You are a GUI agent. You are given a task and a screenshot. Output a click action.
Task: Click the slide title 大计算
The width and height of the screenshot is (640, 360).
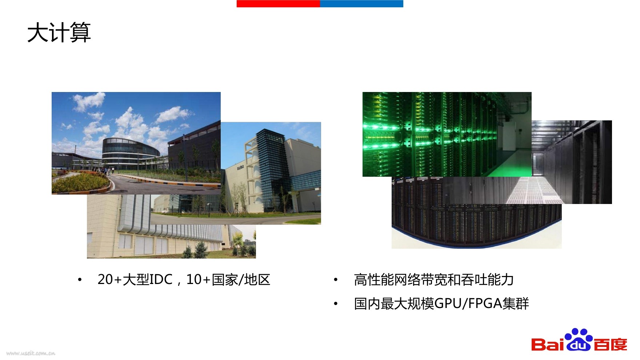59,33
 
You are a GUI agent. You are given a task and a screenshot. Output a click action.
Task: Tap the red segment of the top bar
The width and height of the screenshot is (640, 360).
278,4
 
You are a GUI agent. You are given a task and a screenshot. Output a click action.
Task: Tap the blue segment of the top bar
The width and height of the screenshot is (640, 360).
361,4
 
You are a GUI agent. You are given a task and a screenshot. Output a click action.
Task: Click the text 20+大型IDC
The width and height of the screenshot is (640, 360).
135,280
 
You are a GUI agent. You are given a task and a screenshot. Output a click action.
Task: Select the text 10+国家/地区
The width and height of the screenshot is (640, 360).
228,280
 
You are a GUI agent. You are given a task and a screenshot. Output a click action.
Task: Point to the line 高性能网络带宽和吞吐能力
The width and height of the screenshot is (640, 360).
434,280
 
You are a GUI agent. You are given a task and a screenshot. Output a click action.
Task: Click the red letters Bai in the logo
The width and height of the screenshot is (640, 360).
547,344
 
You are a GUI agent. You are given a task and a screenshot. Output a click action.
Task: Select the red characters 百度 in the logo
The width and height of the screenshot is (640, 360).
611,344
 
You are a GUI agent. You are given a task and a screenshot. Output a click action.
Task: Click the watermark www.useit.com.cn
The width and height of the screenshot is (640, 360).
31,353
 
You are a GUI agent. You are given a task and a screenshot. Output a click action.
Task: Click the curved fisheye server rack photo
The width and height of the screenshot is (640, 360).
476,225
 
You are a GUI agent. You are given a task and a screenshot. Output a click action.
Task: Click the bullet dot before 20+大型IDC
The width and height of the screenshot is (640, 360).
80,280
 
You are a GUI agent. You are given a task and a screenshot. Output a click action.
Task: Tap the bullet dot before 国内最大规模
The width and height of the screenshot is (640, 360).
336,303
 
